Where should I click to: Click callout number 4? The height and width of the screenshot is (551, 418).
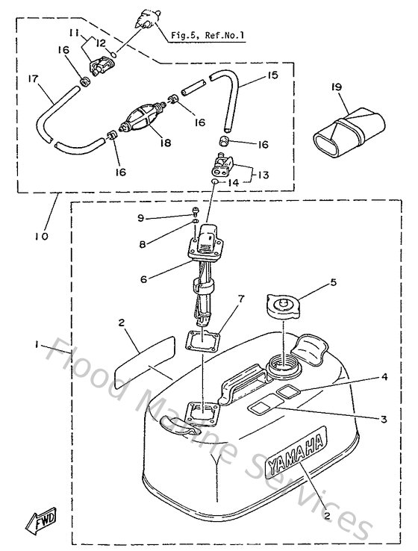tap(384, 378)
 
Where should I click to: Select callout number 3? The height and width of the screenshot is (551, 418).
tap(383, 420)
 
